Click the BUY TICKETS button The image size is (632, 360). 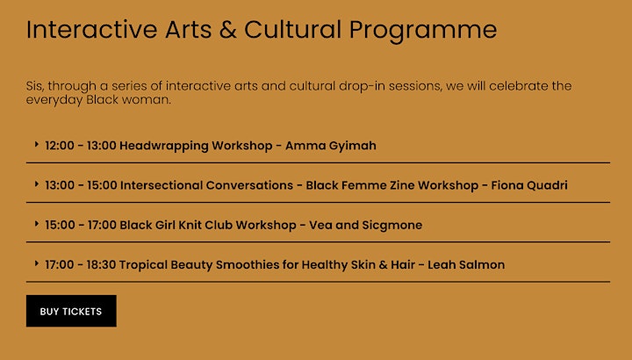pos(71,311)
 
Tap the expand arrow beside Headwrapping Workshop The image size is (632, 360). pos(37,144)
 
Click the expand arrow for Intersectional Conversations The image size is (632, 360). pos(37,184)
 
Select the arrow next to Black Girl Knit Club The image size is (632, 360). pos(37,223)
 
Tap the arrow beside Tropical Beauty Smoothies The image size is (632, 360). pos(37,263)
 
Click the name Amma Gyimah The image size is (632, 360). pos(331,146)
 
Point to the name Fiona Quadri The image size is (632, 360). pos(528,185)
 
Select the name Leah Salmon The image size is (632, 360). pos(466,264)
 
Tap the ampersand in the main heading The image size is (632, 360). pos(227,30)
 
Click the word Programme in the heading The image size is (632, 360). pos(423,31)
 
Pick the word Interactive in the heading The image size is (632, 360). pos(91,30)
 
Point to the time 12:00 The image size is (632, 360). pos(60,146)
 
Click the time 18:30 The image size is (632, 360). pos(101,264)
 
